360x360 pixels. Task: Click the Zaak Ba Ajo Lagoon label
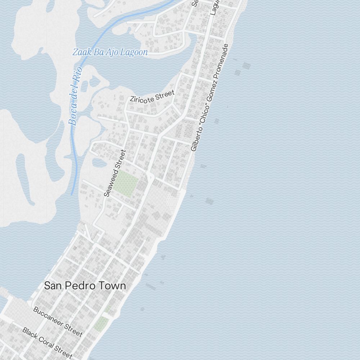(x=110, y=52)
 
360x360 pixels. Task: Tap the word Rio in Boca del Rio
(x=77, y=75)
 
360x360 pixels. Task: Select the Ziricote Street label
(x=152, y=96)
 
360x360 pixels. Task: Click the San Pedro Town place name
(x=85, y=286)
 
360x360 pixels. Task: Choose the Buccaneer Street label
(x=58, y=321)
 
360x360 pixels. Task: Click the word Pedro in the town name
(x=84, y=286)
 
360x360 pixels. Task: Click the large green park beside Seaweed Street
(x=126, y=184)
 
